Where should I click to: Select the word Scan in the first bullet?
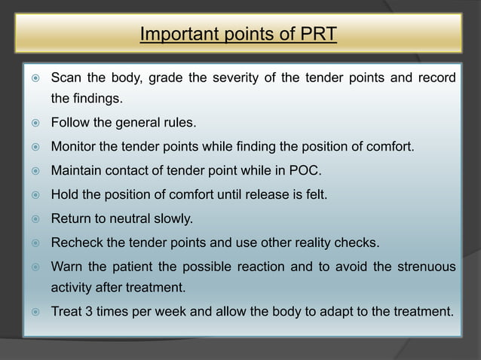(66, 78)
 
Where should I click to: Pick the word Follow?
(70, 122)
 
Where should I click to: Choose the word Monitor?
(74, 146)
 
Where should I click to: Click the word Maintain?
(77, 170)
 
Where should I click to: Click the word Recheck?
(76, 243)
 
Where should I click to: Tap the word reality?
(316, 243)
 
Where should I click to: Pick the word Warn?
(67, 267)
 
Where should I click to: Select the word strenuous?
(422, 267)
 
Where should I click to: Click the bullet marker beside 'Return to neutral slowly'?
(30, 219)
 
